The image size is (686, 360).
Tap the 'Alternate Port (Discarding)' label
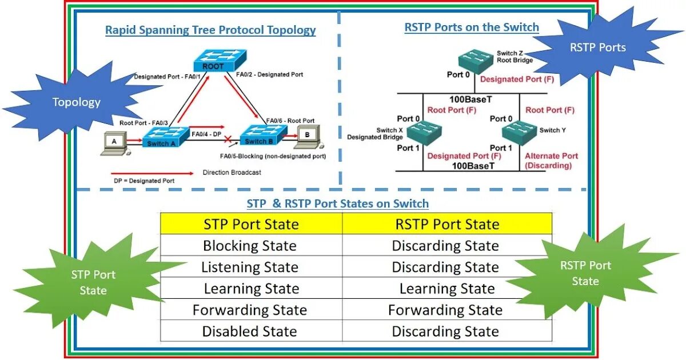(551, 161)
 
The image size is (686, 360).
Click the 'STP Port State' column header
(251, 224)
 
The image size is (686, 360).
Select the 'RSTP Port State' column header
(447, 224)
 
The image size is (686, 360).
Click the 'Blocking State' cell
(250, 246)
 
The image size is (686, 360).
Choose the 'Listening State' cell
(250, 267)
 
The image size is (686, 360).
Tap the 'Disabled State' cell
(250, 331)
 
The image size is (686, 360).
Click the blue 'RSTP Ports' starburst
(597, 47)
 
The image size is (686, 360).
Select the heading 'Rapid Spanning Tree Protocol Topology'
(210, 30)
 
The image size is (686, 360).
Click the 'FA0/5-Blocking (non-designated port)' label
(273, 156)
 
